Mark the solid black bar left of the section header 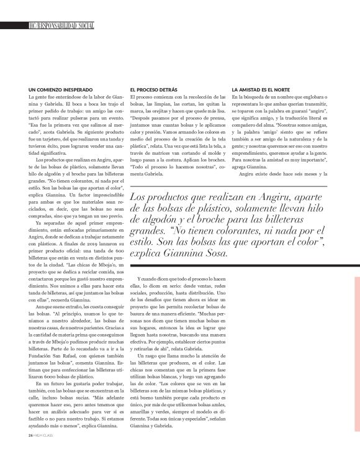[x=14, y=26]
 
